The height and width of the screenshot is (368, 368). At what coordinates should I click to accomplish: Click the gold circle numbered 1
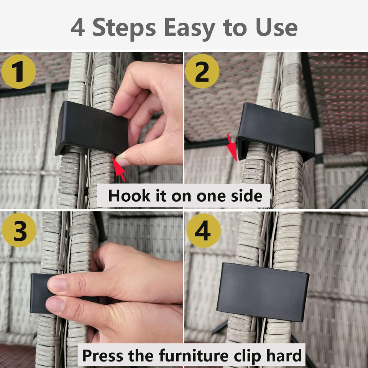[19, 72]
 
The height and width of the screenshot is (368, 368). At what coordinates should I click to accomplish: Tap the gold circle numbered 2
[202, 71]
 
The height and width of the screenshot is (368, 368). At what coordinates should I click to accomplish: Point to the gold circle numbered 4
[204, 230]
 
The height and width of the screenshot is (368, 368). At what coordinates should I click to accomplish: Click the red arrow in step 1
[118, 169]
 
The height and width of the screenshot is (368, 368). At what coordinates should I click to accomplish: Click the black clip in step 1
[92, 128]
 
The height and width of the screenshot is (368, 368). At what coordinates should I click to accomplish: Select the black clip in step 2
[276, 131]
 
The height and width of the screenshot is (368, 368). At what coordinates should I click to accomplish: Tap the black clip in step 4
[263, 292]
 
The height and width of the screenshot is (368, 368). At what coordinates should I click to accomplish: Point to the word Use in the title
[277, 28]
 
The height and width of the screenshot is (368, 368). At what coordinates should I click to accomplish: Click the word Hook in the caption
[129, 195]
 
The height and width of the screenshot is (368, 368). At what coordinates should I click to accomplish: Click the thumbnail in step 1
[122, 162]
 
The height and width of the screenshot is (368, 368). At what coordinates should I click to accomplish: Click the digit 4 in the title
[78, 28]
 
